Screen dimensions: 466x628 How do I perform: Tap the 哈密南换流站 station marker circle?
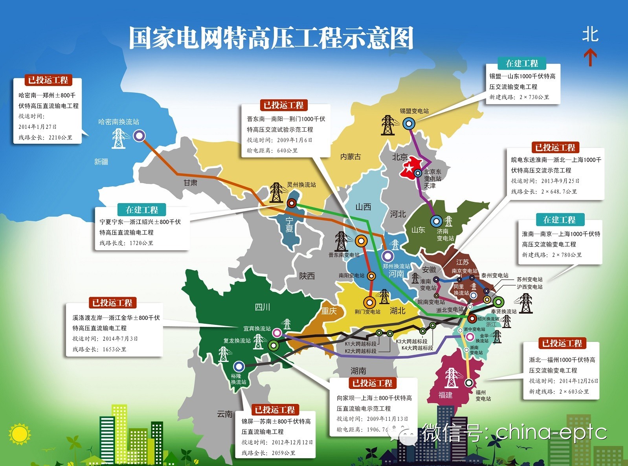tap(139, 136)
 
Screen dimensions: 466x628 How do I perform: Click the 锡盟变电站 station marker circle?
tap(409, 124)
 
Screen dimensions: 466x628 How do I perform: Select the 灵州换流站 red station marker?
tap(291, 203)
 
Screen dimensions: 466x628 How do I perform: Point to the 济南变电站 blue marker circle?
tap(436, 221)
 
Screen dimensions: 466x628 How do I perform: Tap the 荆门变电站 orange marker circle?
tap(369, 302)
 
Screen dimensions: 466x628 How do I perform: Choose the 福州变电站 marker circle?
tap(468, 382)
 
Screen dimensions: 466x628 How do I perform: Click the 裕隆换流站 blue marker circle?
tap(239, 367)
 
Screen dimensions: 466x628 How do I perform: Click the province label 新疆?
tap(101, 161)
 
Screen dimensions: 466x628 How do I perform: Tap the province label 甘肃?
tap(191, 183)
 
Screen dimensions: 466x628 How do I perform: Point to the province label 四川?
tap(262, 307)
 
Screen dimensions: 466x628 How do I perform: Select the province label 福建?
tap(445, 395)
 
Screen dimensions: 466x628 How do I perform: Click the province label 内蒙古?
tap(351, 157)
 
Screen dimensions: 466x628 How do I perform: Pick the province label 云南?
tap(225, 414)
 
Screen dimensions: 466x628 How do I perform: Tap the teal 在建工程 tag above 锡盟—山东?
tap(521, 64)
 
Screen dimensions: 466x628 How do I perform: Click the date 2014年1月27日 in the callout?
tap(38, 127)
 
